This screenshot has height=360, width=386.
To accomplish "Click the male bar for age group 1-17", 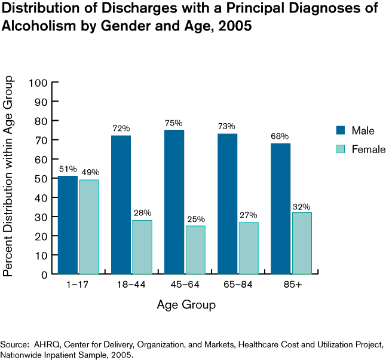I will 68,225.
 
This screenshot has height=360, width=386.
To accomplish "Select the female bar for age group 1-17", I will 89,227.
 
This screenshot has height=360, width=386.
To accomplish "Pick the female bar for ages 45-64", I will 195,250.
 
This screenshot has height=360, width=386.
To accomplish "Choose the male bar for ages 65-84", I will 228,204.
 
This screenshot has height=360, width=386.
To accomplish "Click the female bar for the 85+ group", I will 302,243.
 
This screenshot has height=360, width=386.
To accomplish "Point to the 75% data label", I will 174,123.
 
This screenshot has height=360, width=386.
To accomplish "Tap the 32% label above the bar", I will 302,206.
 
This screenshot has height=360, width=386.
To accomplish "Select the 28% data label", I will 143,213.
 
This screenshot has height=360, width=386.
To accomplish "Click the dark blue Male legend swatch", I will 341,130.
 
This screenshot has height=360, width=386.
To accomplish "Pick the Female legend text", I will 369,150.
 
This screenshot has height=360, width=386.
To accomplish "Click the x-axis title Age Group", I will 186,305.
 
